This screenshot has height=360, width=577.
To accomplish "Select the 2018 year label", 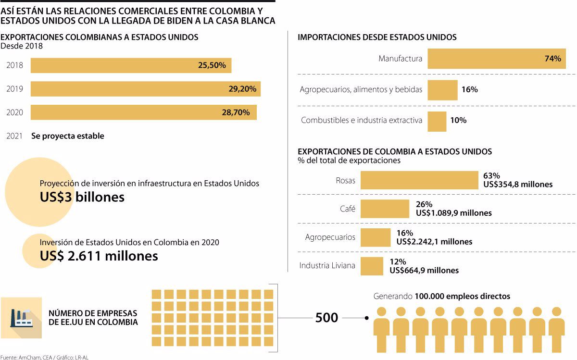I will tap(14, 65).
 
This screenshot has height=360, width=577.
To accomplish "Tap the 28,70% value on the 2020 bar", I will tap(236, 112).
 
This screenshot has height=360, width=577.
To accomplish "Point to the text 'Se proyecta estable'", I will tap(68, 136).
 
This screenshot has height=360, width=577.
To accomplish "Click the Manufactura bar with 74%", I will tap(497, 59).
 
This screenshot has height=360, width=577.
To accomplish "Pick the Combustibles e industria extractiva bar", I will tap(437, 121).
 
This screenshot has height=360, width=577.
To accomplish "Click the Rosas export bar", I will tap(419, 180).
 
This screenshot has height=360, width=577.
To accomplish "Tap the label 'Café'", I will tap(347, 209).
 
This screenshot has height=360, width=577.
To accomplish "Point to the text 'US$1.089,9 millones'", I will tap(454, 213).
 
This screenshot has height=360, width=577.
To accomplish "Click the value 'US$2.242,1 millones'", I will tap(434, 241).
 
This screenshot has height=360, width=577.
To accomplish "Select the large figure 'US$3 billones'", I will tap(82, 197).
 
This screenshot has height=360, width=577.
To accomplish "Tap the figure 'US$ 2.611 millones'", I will tap(99, 256).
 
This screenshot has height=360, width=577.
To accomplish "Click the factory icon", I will tap(21, 317).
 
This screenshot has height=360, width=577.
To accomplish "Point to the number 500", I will tap(326, 318).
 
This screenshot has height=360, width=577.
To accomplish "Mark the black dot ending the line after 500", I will tap(367, 318).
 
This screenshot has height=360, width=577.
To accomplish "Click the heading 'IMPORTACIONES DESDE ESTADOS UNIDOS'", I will tap(377, 37).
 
